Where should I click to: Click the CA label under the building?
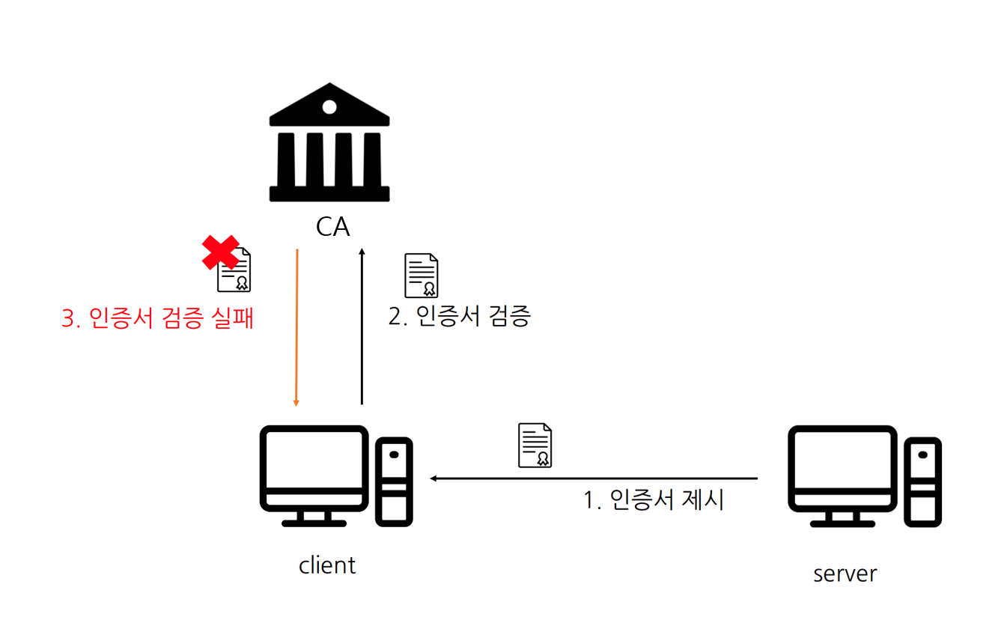[x=332, y=225]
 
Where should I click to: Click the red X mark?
[x=221, y=252]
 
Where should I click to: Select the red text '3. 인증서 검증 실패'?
[x=158, y=318]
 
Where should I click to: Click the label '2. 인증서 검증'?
[x=460, y=316]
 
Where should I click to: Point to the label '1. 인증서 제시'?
[x=654, y=499]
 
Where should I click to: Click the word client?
[x=327, y=565]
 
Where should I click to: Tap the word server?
[x=845, y=574]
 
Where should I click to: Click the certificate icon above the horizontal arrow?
[x=535, y=446]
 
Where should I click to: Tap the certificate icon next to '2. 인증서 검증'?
[x=422, y=276]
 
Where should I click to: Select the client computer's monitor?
[x=314, y=468]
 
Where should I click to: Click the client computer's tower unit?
[x=394, y=480]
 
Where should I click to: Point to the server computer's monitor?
[x=842, y=468]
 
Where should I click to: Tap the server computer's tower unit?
[x=922, y=480]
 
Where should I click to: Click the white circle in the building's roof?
[x=329, y=107]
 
